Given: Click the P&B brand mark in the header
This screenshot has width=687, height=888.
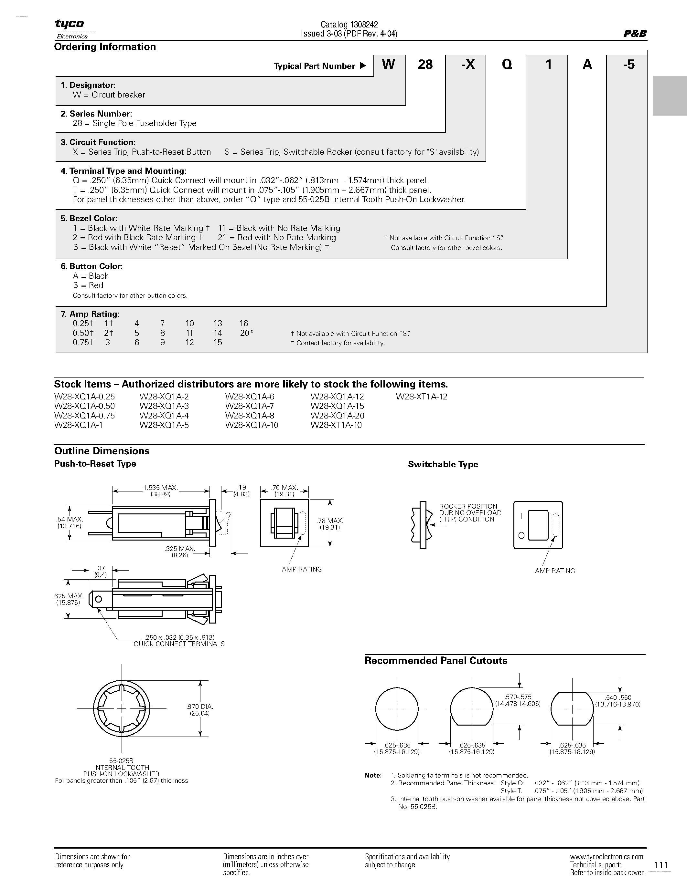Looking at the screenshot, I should pyautogui.click(x=635, y=34).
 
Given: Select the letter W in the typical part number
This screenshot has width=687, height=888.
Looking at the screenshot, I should pyautogui.click(x=389, y=64).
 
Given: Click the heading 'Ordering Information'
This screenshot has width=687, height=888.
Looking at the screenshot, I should pyautogui.click(x=105, y=47).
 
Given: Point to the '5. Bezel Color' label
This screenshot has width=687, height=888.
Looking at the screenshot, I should pyautogui.click(x=89, y=218).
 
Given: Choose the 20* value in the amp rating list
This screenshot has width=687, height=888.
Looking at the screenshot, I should pyautogui.click(x=246, y=333).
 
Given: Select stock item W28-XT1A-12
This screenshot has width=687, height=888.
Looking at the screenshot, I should pyautogui.click(x=421, y=397).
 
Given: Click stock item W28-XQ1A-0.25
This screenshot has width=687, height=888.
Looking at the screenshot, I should pyautogui.click(x=85, y=397).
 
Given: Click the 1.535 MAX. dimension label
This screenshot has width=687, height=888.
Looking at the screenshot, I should pyautogui.click(x=160, y=488).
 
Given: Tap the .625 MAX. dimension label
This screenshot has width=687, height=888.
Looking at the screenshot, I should pyautogui.click(x=68, y=596).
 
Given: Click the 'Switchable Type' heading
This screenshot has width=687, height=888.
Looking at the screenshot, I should pyautogui.click(x=443, y=464).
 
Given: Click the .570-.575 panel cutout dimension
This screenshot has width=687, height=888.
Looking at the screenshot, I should pyautogui.click(x=518, y=697).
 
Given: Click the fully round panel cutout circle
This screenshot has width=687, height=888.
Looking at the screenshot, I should pyautogui.click(x=397, y=709).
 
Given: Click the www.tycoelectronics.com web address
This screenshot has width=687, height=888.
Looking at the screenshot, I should pyautogui.click(x=606, y=857).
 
